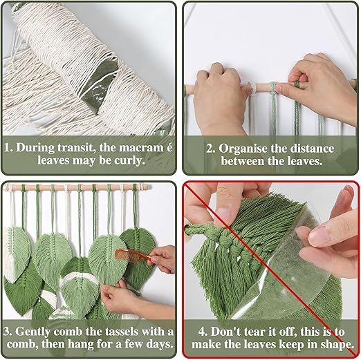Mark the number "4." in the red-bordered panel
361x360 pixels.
pyautogui.click(x=203, y=332)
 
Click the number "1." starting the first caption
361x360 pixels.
pyautogui.click(x=8, y=147)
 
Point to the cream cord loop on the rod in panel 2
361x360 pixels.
pyautogui.click(x=251, y=88)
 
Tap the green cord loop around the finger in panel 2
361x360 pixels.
pyautogui.click(x=297, y=84)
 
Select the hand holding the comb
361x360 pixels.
pyautogui.click(x=160, y=258)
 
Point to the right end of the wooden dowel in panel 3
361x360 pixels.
pyautogui.click(x=150, y=187)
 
